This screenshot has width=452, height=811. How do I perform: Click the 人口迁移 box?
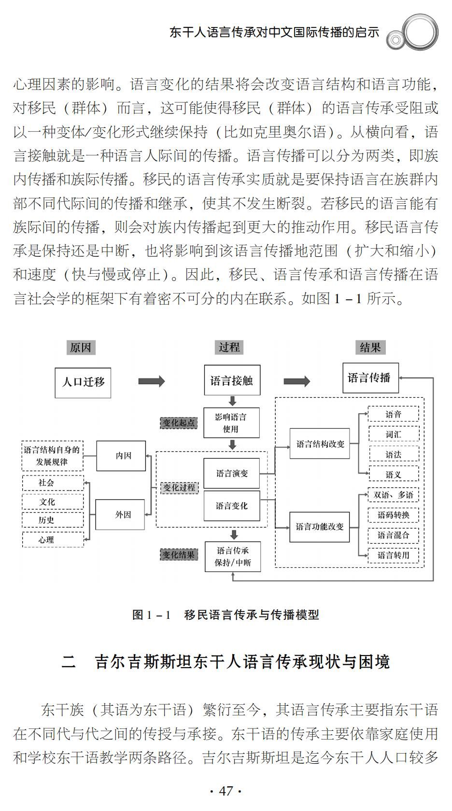83,382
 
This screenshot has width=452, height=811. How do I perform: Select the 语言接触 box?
232,380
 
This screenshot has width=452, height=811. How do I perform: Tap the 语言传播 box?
370,378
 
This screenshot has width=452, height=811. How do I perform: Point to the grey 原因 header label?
81,348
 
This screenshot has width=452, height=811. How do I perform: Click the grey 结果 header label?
370,348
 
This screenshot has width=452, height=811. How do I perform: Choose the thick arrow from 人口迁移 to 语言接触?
151,381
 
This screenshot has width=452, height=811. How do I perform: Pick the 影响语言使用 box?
231,423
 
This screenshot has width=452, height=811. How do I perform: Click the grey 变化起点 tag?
179,423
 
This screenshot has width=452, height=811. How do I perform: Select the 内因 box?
121,456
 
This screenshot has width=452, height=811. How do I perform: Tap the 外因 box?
120,515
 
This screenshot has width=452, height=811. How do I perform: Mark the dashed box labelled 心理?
53,540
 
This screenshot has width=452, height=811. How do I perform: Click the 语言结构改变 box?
320,443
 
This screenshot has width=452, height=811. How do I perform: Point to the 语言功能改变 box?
319,527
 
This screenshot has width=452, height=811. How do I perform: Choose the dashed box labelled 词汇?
394,434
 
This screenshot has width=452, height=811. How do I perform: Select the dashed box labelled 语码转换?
394,515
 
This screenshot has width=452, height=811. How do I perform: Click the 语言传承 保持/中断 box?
233,557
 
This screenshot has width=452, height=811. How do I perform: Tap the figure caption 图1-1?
226,615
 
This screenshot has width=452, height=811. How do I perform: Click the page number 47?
226,791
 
